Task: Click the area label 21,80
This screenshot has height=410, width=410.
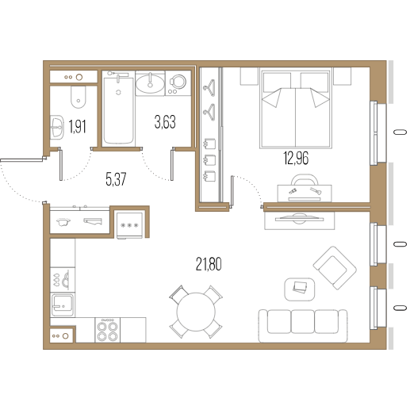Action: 209,264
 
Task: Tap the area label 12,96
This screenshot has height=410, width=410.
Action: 296,159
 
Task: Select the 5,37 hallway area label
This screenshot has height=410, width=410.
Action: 116,179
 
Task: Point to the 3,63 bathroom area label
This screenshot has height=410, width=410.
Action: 165,122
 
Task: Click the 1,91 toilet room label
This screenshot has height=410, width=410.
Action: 77,127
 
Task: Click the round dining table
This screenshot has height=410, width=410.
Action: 196,312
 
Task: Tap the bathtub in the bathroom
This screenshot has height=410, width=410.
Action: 118,110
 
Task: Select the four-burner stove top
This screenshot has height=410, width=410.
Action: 107,330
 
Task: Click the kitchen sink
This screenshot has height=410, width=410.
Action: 63,305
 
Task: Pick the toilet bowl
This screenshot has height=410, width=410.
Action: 79,97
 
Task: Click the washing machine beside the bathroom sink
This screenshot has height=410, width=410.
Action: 178,82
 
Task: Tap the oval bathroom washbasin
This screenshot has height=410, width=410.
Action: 150,83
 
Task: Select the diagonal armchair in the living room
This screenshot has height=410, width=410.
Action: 335,268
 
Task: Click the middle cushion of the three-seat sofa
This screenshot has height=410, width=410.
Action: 303,321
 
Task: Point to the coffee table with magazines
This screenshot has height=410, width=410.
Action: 300,289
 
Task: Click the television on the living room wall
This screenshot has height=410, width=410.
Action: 299,219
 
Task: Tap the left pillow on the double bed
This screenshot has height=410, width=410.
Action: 278,81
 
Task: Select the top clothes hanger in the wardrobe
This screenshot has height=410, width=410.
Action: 209,88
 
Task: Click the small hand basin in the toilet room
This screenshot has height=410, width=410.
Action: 57,127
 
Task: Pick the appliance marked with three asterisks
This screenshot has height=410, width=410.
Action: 129,225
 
